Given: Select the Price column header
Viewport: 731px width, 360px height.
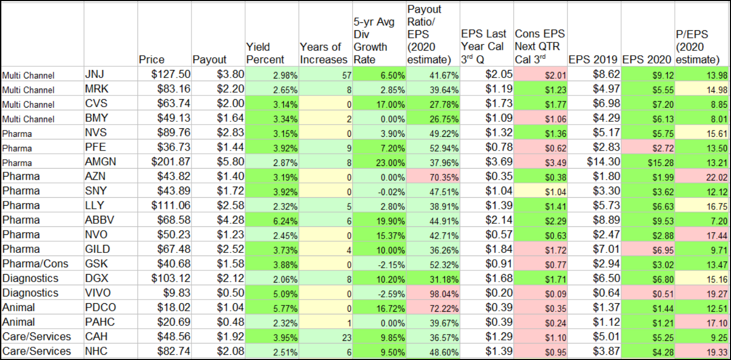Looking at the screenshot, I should pos(152,59).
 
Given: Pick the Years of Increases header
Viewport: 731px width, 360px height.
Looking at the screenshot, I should pos(324,53).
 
